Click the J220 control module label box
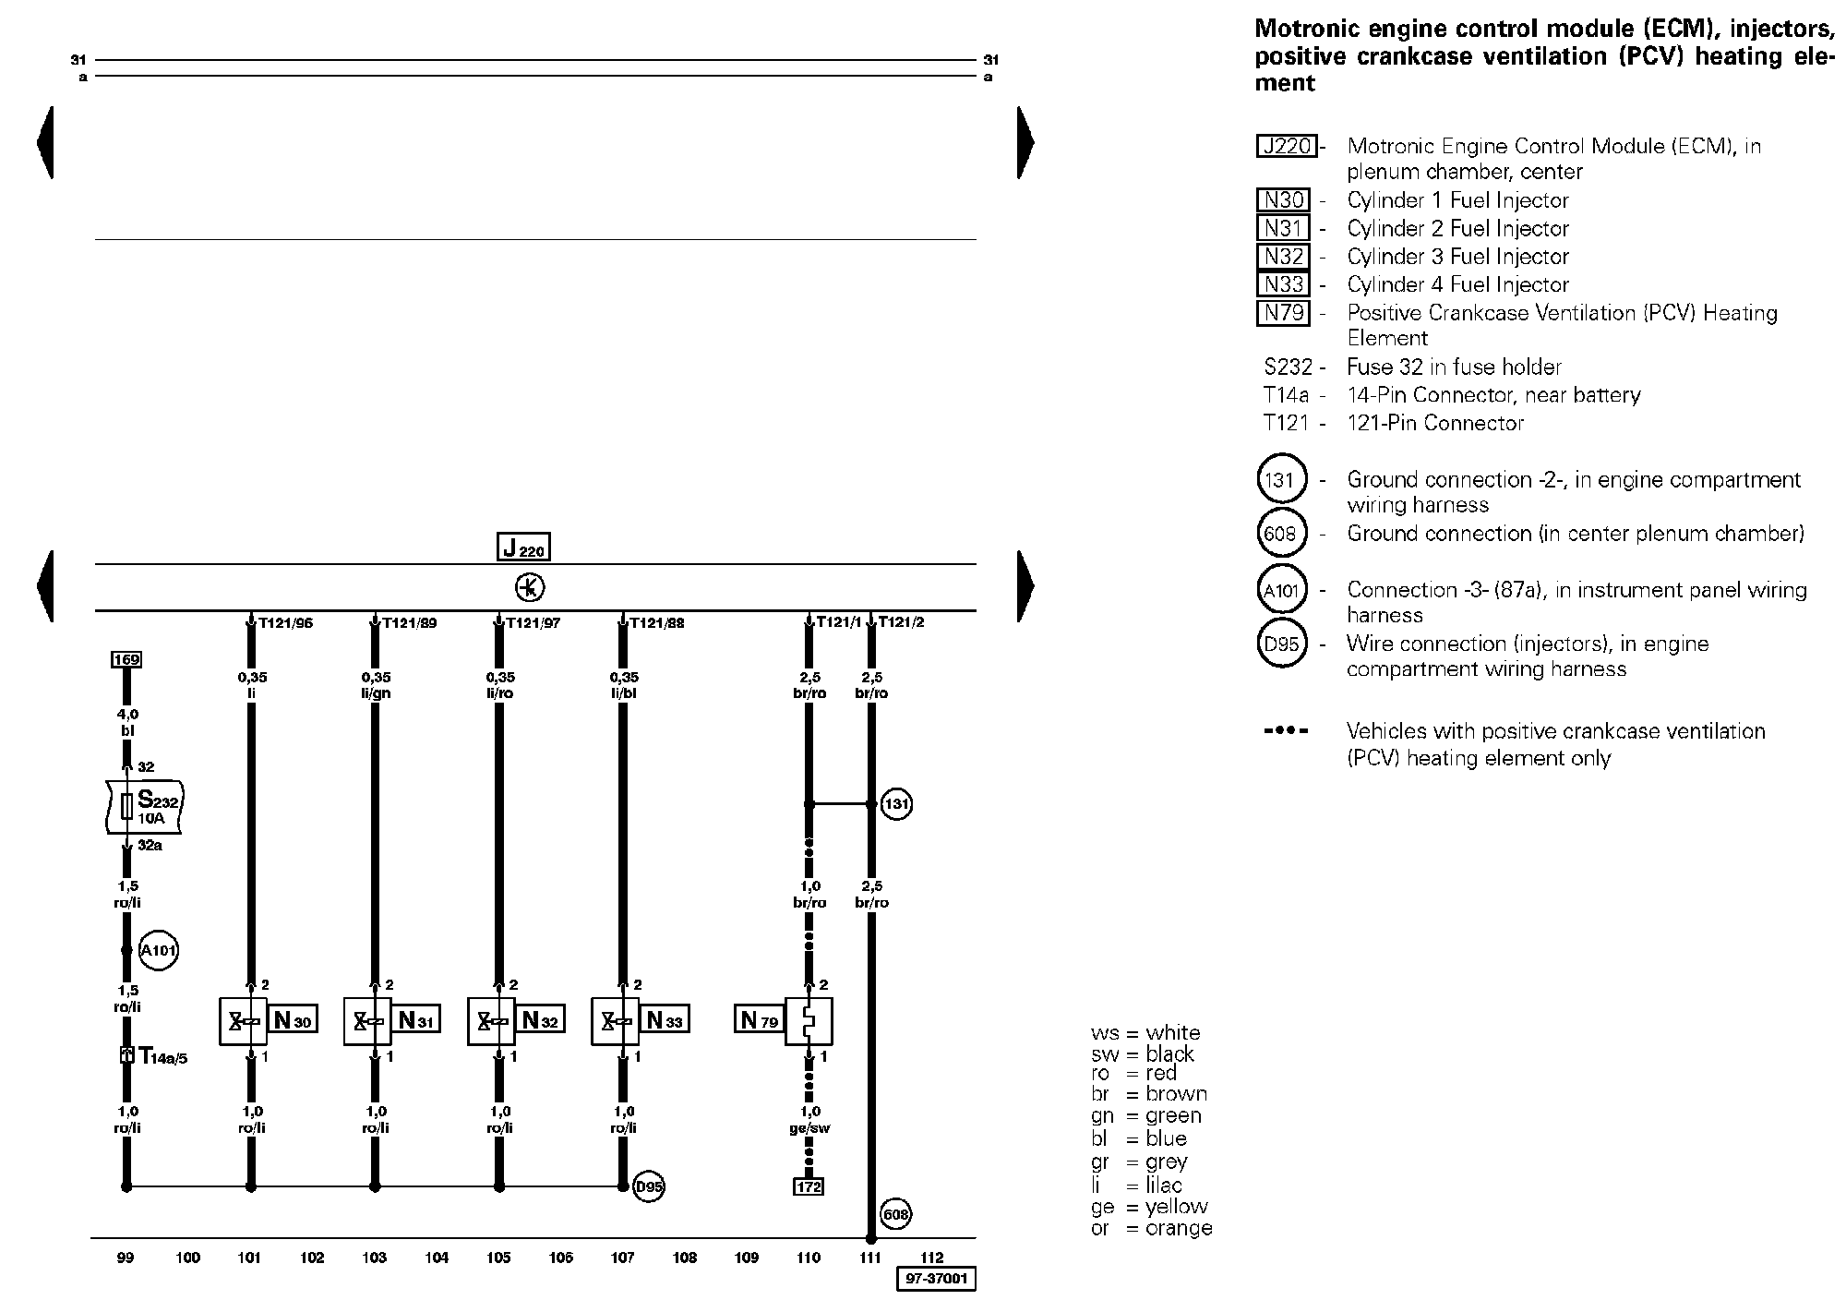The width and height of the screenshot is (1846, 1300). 523,548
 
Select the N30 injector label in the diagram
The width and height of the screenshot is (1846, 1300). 294,1020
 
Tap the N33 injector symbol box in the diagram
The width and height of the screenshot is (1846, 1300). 616,1020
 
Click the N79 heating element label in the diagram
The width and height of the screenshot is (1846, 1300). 759,1020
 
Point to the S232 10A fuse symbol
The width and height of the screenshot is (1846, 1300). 145,806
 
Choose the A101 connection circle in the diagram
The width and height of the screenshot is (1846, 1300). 158,951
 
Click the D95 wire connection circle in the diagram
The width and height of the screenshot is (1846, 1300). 650,1187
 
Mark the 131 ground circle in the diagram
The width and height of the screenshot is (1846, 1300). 895,804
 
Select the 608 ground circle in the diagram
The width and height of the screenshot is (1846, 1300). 895,1214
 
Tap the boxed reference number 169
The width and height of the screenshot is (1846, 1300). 126,659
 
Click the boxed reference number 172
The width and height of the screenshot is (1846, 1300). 809,1186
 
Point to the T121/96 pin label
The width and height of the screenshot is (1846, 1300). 285,623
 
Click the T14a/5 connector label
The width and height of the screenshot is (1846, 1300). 162,1055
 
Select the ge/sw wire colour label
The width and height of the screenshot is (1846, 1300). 809,1127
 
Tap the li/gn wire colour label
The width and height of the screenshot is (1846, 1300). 376,692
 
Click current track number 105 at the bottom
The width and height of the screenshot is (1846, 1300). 498,1258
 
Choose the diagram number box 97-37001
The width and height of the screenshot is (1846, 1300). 936,1280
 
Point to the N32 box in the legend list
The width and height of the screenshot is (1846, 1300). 1283,257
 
